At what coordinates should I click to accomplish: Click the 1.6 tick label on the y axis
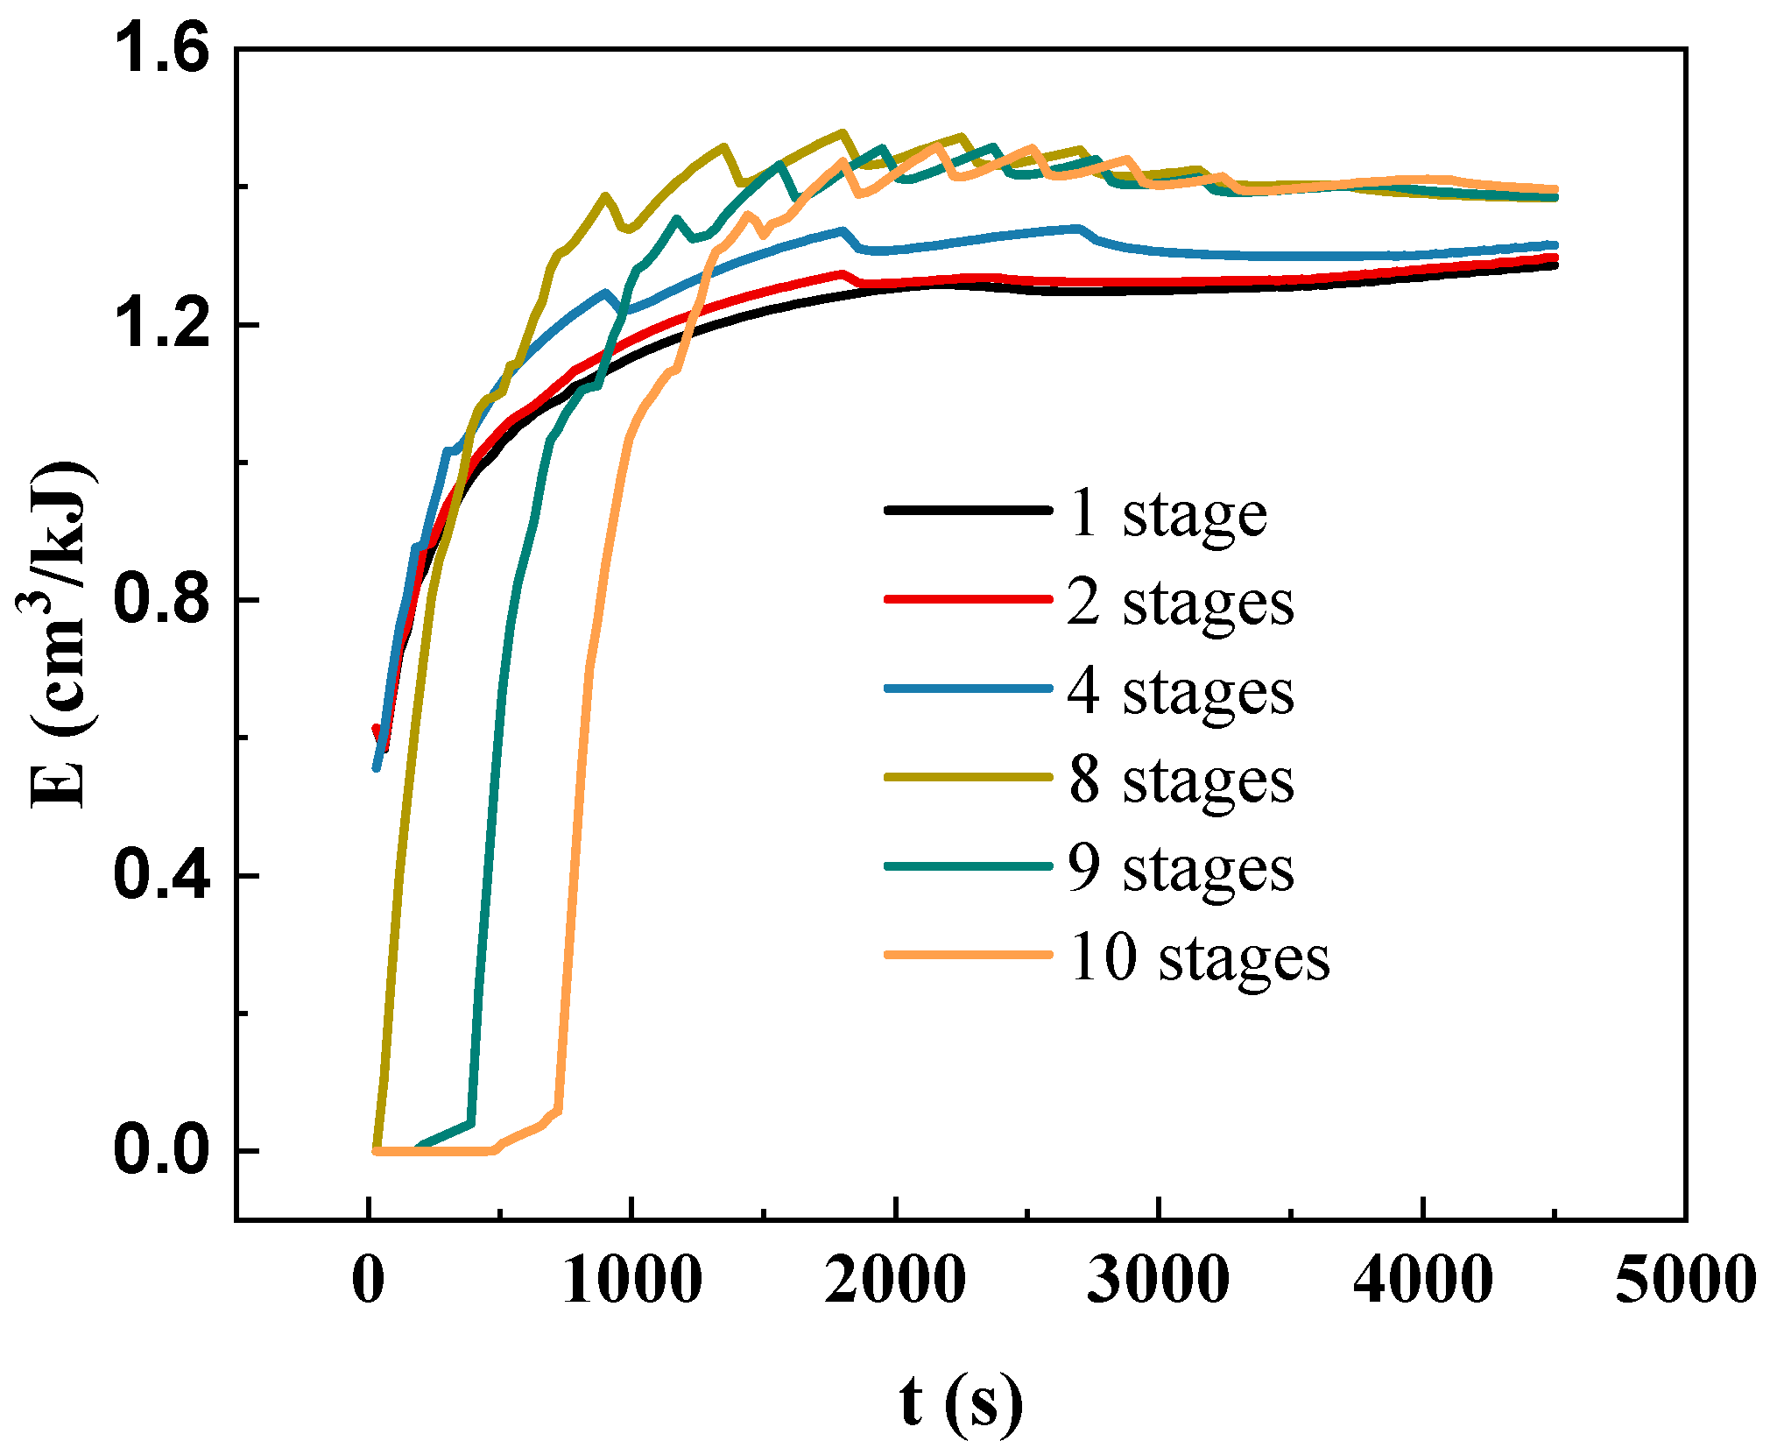[x=162, y=49]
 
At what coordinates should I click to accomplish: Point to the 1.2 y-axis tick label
[x=162, y=325]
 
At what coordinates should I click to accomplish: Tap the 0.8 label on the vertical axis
[x=162, y=600]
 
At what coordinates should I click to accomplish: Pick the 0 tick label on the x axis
[x=368, y=1280]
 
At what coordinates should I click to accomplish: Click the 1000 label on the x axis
[x=631, y=1280]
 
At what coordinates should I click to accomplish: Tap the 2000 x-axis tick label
[x=895, y=1280]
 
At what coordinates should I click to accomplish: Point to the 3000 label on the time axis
[x=1159, y=1280]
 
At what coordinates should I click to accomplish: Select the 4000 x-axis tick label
[x=1422, y=1280]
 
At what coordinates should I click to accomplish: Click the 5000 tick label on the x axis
[x=1685, y=1280]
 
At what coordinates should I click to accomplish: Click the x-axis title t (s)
[x=961, y=1402]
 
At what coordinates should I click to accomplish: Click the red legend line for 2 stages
[x=968, y=599]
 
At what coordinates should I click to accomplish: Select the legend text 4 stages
[x=1180, y=693]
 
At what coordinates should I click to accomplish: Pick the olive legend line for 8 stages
[x=968, y=777]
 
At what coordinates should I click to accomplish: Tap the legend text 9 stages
[x=1180, y=870]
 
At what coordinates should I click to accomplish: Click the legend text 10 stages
[x=1198, y=958]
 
